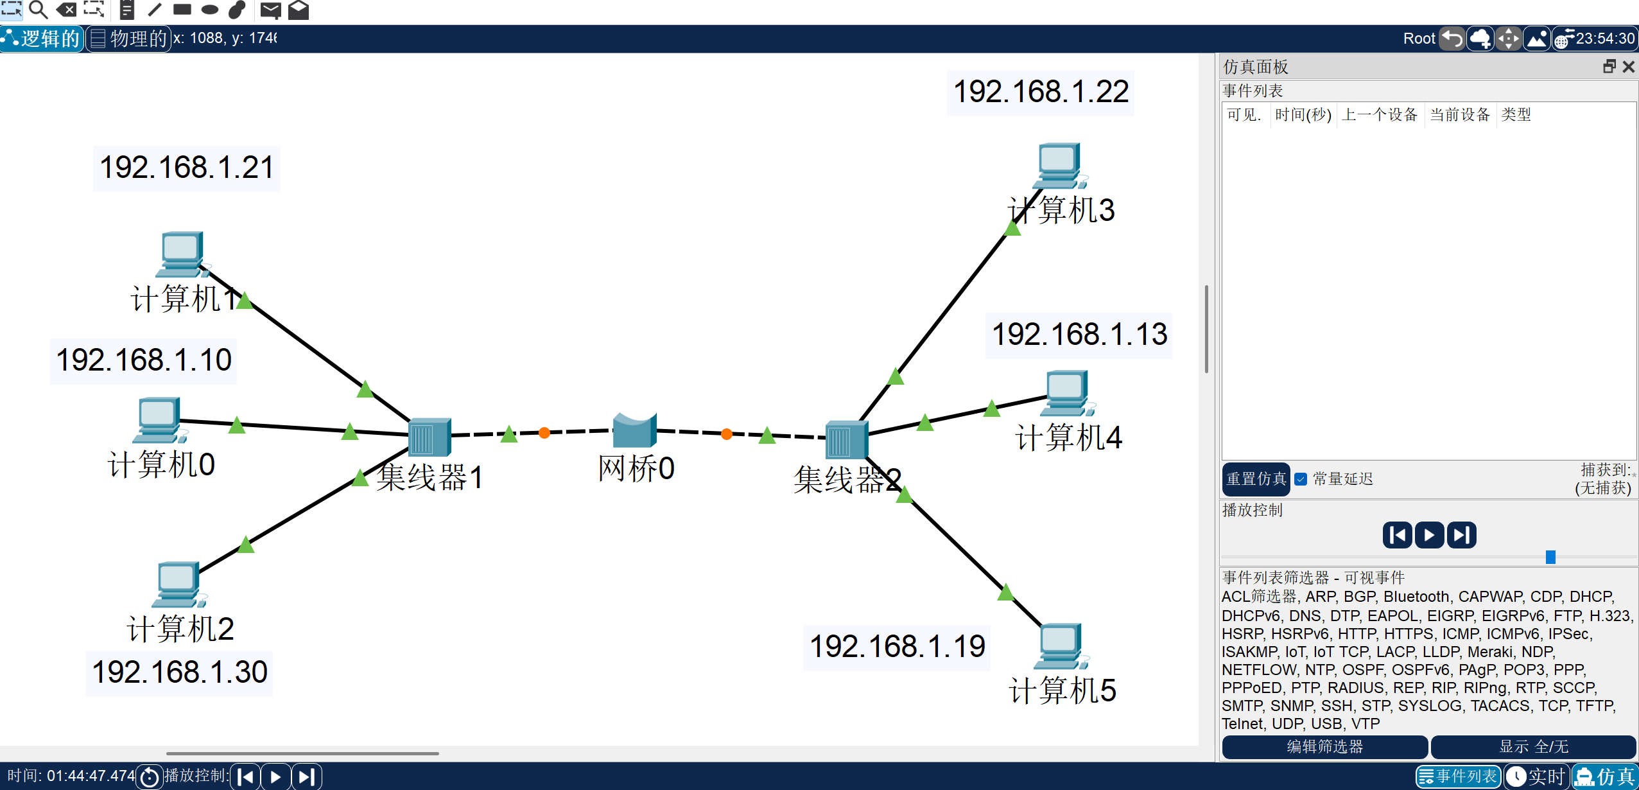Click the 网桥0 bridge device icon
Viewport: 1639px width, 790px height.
coord(634,431)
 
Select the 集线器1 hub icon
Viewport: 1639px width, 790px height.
coord(429,437)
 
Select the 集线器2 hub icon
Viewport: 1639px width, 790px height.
coord(846,441)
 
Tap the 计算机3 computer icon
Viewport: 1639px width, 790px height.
coord(1060,164)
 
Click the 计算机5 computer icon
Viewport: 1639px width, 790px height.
coord(1060,645)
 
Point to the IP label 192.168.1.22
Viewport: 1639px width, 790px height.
coord(1041,92)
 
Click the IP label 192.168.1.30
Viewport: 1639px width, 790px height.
coord(179,672)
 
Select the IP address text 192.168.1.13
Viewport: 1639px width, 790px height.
coord(1079,335)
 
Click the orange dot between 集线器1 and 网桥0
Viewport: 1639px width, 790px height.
coord(544,433)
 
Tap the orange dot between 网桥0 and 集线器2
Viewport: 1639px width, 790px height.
coord(727,434)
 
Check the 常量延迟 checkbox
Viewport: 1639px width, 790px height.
coord(1301,479)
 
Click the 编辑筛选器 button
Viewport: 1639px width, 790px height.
coord(1324,747)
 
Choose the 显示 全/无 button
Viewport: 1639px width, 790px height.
coord(1533,747)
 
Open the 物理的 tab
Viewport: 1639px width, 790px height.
coord(128,39)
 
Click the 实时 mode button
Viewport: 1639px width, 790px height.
coord(1537,777)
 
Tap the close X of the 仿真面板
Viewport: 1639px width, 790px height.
coord(1629,67)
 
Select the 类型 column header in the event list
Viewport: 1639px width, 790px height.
coord(1516,115)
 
